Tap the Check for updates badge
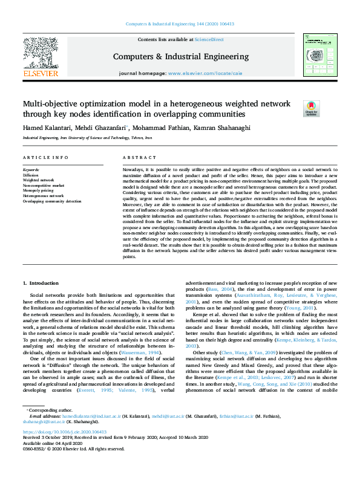pos(310,108)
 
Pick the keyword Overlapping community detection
pos(52,201)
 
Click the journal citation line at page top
pos(180,24)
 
